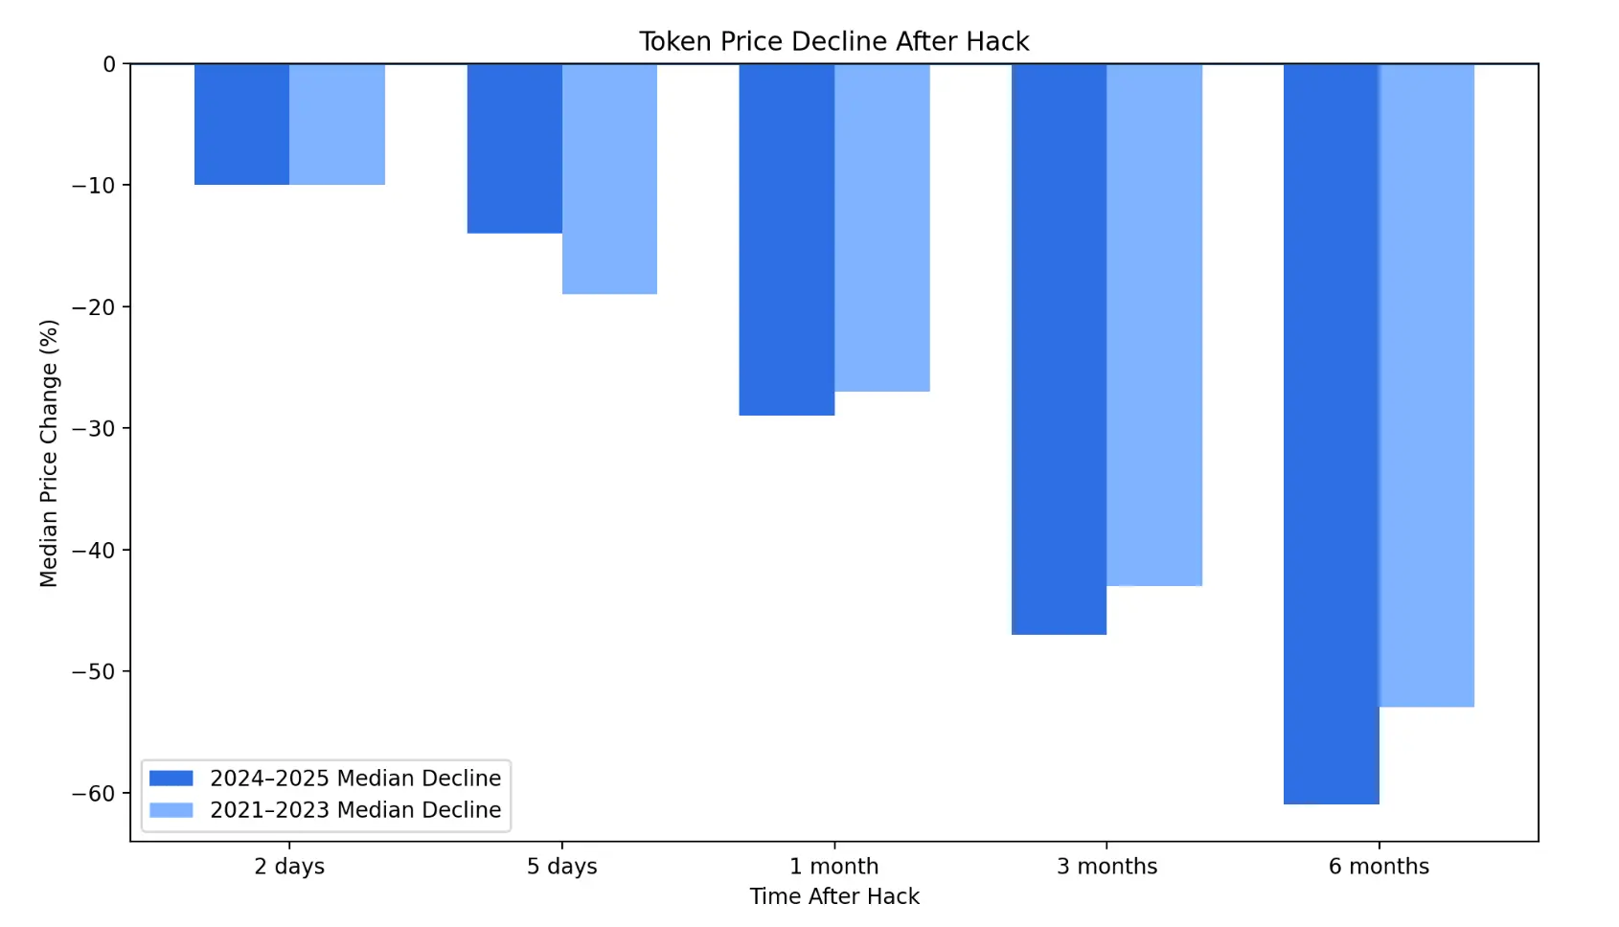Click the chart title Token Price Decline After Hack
(833, 41)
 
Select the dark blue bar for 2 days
(241, 124)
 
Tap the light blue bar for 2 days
(337, 124)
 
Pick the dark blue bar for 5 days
(514, 148)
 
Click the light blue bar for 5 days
(609, 179)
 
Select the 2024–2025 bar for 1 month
(787, 239)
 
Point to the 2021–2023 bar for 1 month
(881, 228)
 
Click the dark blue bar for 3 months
(1059, 350)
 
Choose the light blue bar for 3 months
(1154, 326)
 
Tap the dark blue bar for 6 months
(1331, 434)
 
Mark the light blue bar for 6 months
(1426, 386)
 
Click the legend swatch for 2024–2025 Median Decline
(171, 778)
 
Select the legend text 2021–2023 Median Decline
(355, 810)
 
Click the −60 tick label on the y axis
(93, 793)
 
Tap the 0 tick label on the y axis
(108, 64)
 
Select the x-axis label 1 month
(833, 866)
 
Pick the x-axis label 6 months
(1379, 866)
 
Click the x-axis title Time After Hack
(833, 896)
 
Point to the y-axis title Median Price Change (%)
(49, 453)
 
